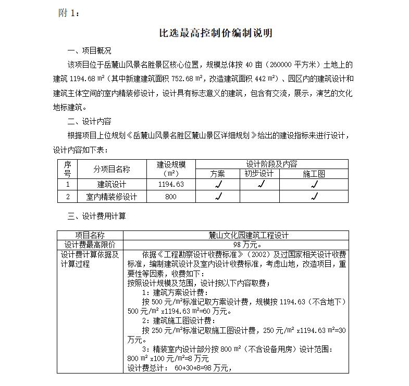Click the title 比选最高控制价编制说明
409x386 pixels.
215,33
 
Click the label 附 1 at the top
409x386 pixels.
69,13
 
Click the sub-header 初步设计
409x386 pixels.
259,174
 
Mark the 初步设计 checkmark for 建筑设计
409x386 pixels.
261,184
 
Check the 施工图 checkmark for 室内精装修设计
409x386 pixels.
314,197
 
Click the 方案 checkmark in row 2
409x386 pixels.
218,197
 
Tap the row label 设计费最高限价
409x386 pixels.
90,245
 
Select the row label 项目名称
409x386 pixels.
90,236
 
